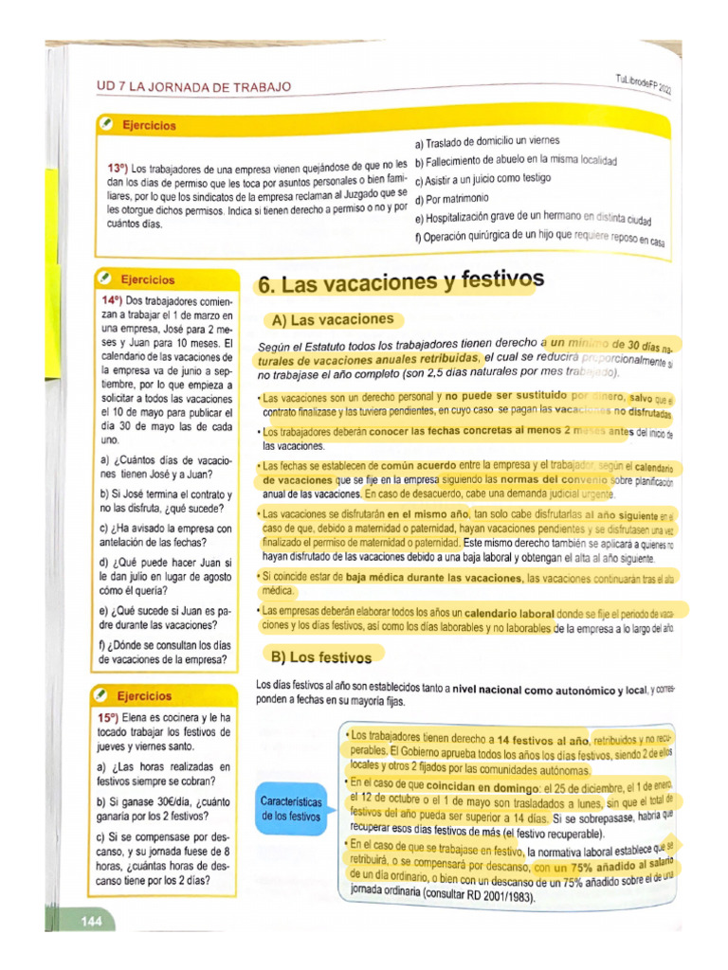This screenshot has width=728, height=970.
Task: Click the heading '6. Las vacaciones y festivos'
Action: coord(401,281)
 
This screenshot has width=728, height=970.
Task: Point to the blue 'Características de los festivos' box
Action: coord(291,808)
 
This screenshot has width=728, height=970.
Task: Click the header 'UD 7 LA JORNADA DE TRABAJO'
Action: coord(193,87)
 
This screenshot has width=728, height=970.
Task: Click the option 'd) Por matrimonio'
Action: coord(451,199)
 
